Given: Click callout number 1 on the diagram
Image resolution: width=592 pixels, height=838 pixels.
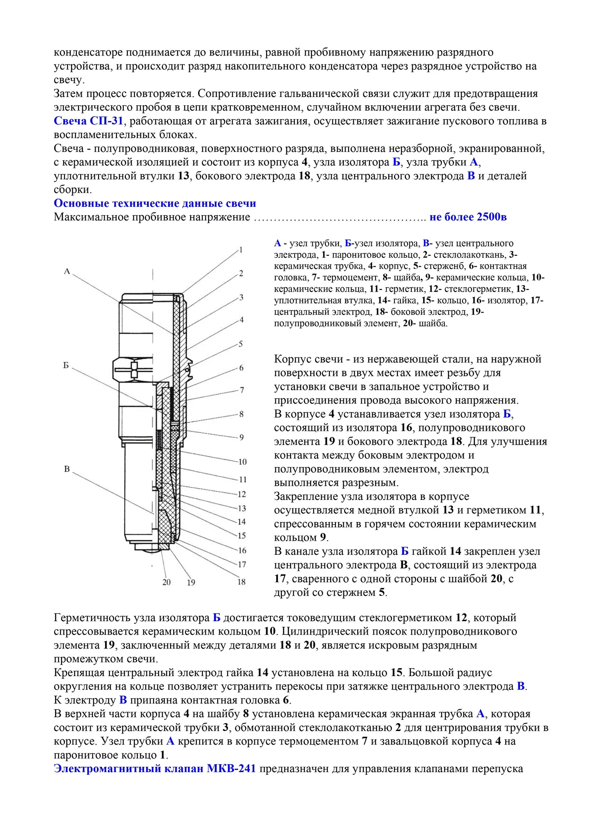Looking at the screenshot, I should click(x=240, y=250).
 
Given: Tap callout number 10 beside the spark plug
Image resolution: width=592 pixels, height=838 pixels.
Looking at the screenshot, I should click(x=242, y=462).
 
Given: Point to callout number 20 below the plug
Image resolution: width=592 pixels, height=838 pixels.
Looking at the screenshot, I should click(x=166, y=582).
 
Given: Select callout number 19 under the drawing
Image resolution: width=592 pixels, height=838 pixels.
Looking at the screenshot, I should click(x=191, y=582).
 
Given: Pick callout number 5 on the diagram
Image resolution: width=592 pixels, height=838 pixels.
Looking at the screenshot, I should click(x=240, y=344).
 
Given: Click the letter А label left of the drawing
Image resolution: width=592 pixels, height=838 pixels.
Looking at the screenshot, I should click(x=67, y=271).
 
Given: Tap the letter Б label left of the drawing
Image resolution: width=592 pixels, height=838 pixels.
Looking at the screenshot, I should click(x=66, y=365).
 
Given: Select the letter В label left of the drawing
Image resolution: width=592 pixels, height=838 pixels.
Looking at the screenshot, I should click(x=67, y=469).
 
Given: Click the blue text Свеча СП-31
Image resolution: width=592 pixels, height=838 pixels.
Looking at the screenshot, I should click(x=88, y=121).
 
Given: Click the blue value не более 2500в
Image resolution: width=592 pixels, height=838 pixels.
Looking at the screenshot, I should click(x=468, y=217).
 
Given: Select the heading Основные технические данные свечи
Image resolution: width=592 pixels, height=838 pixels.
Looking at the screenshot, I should click(x=155, y=203).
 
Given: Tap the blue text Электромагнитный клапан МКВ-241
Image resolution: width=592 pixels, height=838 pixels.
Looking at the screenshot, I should click(x=154, y=769).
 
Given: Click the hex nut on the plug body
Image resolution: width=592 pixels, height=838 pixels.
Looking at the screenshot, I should click(x=133, y=371).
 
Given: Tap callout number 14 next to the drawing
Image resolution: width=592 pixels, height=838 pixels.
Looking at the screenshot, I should click(x=241, y=522).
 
